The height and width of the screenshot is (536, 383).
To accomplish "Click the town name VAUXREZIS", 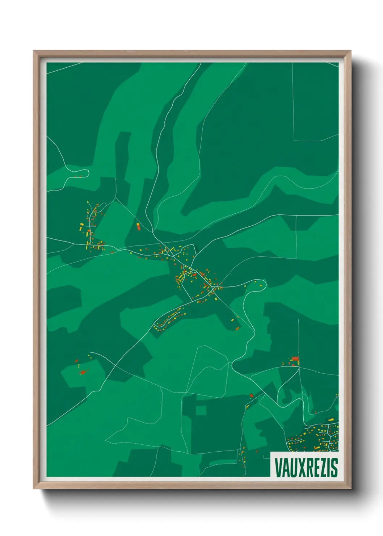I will click(x=306, y=467).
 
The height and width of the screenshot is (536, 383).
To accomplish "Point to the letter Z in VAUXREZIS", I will click(x=323, y=467).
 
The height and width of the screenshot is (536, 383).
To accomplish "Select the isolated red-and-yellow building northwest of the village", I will click(x=138, y=227).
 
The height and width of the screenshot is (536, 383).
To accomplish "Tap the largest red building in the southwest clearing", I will click(x=83, y=372).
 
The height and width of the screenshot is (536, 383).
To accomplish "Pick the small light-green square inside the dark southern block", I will click(x=201, y=410).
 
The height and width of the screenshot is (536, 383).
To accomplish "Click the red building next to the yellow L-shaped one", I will click(x=251, y=395).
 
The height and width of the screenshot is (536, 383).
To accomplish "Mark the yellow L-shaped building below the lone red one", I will click(x=248, y=407).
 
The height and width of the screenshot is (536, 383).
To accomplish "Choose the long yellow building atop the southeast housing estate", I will click(x=331, y=419).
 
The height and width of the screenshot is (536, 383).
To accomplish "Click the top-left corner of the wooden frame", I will click(x=34, y=51).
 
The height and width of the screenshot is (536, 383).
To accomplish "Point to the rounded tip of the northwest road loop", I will click(x=88, y=172).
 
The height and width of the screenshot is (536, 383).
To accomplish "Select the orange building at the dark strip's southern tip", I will click(x=237, y=329).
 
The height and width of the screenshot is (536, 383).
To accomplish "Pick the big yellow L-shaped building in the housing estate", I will click(x=317, y=448).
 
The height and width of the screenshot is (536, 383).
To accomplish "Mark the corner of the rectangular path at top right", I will click(x=294, y=140).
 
